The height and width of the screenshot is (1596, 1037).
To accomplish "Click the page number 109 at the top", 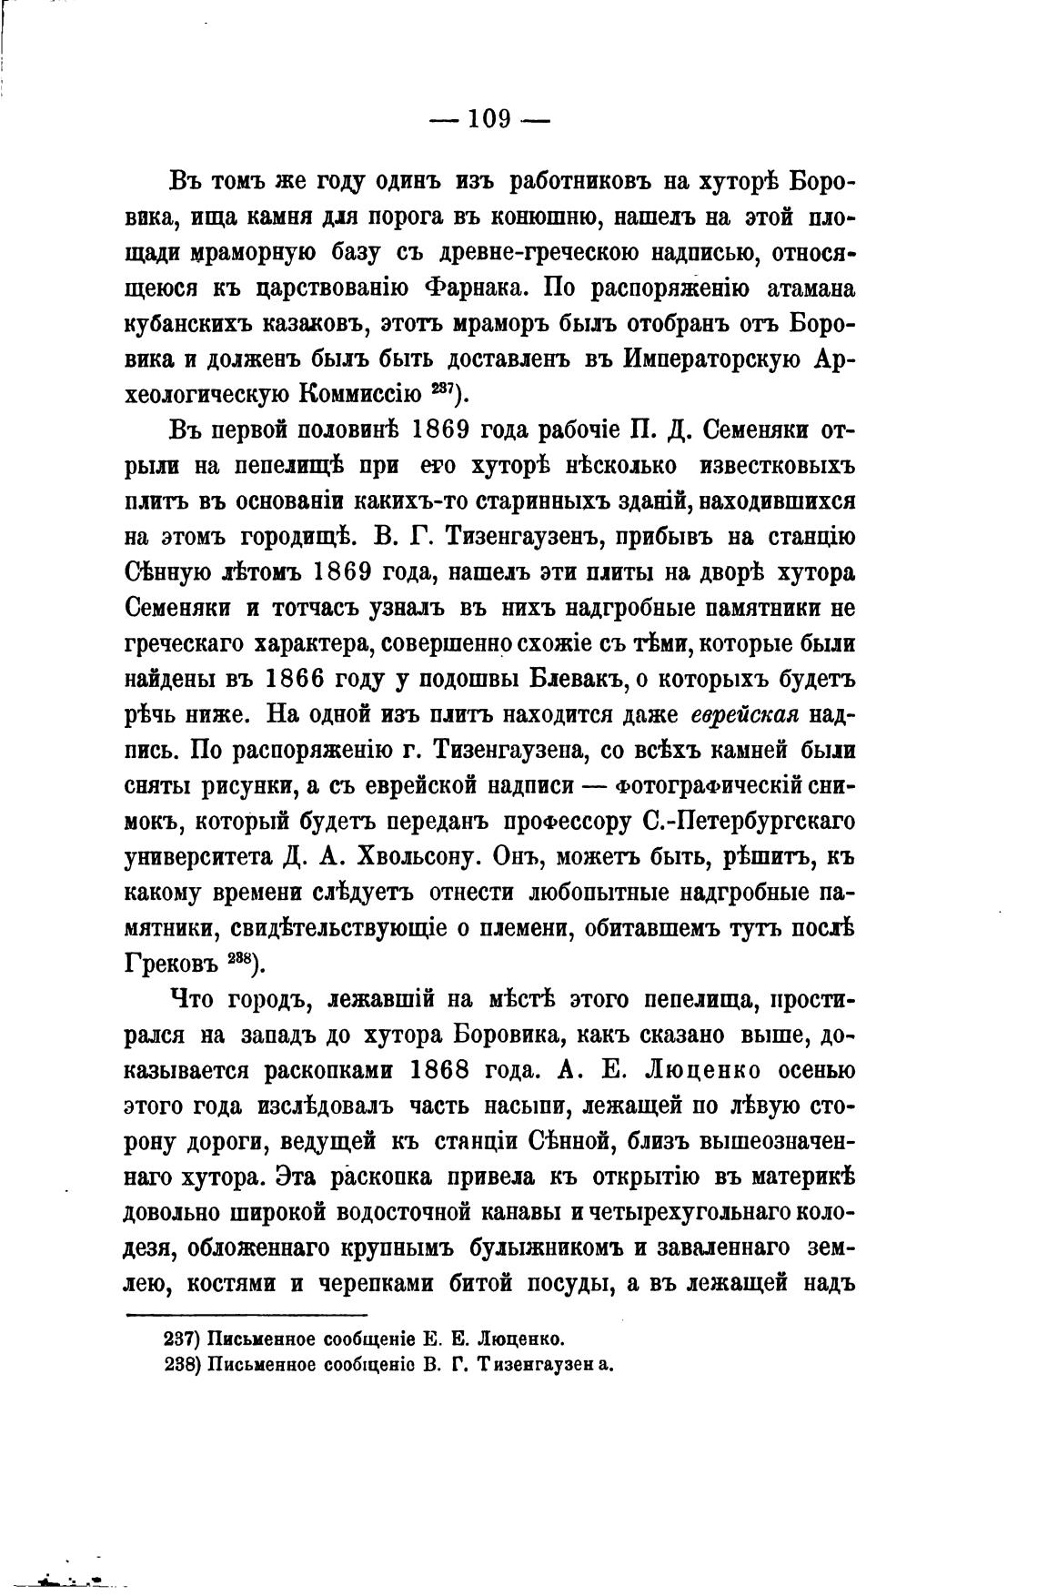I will pyautogui.click(x=489, y=119).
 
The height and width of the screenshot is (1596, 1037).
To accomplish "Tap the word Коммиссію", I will pyautogui.click(x=358, y=394).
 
